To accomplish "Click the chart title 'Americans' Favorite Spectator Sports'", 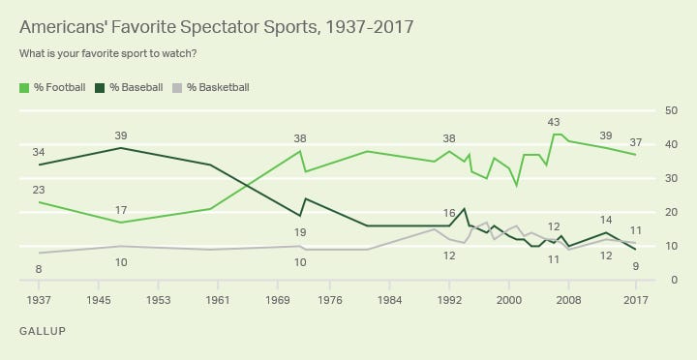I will pyautogui.click(x=216, y=27).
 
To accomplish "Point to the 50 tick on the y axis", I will pyautogui.click(x=668, y=111).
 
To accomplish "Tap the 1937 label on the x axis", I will pyautogui.click(x=39, y=301).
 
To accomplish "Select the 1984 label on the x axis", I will pyautogui.click(x=390, y=301).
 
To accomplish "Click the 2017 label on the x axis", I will pyautogui.click(x=636, y=301).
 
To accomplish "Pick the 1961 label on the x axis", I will pyautogui.click(x=218, y=301).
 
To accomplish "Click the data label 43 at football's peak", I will pyautogui.click(x=554, y=122).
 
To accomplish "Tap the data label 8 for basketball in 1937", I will pyautogui.click(x=39, y=268).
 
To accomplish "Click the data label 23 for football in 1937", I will pyautogui.click(x=39, y=190).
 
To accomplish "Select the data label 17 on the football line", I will pyautogui.click(x=121, y=210).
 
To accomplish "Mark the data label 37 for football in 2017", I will pyautogui.click(x=636, y=142).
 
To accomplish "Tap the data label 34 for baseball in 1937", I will pyautogui.click(x=39, y=152).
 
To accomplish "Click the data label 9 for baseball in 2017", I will pyautogui.click(x=636, y=266).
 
